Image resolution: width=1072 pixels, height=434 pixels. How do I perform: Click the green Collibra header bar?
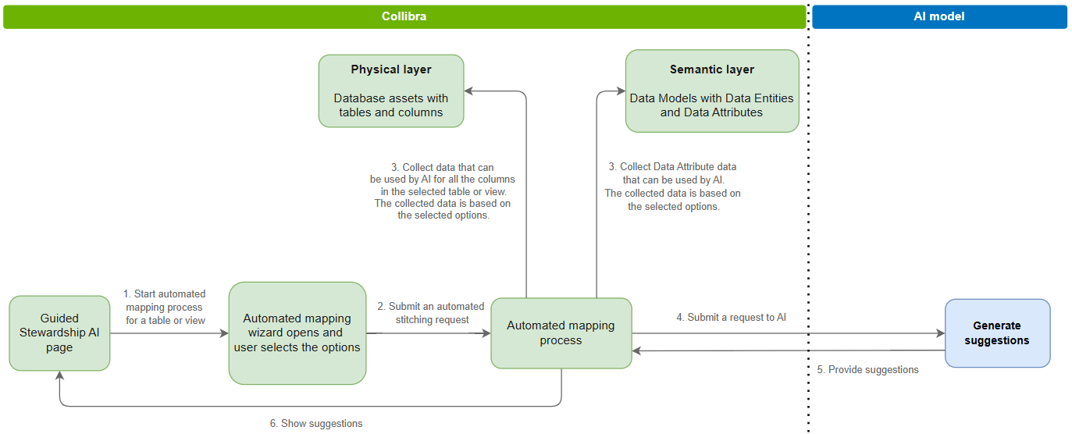pos(404,16)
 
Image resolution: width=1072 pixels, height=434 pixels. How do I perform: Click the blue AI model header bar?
pos(938,16)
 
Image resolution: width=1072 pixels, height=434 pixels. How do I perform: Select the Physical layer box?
pos(391,91)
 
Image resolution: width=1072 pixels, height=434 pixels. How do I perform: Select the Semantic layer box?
pos(712,91)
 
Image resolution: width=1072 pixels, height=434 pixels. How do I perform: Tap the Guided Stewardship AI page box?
pos(59,333)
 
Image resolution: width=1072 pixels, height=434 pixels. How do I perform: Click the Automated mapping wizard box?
pos(297,333)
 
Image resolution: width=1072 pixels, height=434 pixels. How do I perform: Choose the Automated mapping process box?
pos(561,333)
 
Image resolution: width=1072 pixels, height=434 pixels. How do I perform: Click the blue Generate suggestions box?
pos(997,333)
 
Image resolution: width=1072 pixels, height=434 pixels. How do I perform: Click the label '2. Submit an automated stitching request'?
pos(432,312)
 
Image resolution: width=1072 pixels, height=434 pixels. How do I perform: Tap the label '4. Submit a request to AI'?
pos(731,318)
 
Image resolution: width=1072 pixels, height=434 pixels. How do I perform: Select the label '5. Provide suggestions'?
pos(867,369)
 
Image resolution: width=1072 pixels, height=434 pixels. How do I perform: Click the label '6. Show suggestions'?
pos(316,423)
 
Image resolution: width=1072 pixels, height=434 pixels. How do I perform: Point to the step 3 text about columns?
pos(443,191)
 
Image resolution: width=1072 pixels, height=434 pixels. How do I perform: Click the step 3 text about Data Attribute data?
pos(672,187)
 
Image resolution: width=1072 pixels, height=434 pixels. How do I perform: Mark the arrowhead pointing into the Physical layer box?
pos(470,91)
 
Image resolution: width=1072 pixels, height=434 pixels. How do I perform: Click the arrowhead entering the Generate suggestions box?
pos(939,333)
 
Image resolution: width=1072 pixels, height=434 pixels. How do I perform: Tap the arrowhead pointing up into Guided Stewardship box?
pos(60,376)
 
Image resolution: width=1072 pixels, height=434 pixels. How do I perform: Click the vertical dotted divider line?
pos(808,234)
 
